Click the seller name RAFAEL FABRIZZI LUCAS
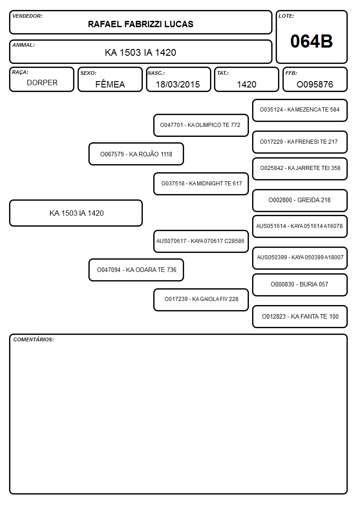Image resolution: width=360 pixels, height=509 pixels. (141, 24)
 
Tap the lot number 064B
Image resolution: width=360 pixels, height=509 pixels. (311, 41)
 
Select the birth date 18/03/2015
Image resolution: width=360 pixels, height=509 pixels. (178, 84)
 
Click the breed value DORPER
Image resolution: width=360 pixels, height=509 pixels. (42, 83)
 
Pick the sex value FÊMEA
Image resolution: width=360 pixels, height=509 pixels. (110, 84)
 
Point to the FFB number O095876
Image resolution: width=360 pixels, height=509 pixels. (315, 84)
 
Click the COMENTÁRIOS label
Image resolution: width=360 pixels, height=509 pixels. (34, 339)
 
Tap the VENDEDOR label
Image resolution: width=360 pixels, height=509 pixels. (27, 16)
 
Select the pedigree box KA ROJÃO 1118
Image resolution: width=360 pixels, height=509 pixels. (136, 154)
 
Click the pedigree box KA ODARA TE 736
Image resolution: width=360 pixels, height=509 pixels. (136, 270)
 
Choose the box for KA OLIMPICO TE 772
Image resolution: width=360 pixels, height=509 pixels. (201, 125)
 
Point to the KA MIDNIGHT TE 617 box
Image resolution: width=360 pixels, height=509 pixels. (201, 184)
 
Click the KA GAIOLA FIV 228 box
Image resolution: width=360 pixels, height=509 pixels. (201, 300)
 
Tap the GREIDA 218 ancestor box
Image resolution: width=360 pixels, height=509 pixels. (300, 200)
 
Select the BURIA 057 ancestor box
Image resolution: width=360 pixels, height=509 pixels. (300, 285)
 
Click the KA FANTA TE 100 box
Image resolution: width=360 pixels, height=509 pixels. (300, 316)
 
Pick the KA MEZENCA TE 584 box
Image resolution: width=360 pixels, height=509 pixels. (300, 111)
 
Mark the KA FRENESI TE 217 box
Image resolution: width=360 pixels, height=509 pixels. (300, 142)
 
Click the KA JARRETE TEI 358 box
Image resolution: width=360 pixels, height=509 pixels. (300, 169)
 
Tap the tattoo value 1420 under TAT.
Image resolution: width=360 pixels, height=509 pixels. (247, 84)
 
